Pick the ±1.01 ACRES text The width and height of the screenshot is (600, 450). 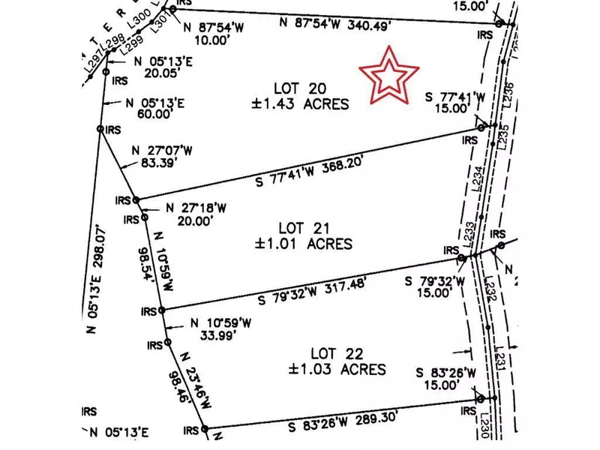click(304, 244)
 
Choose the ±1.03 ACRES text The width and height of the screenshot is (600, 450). click(337, 369)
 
